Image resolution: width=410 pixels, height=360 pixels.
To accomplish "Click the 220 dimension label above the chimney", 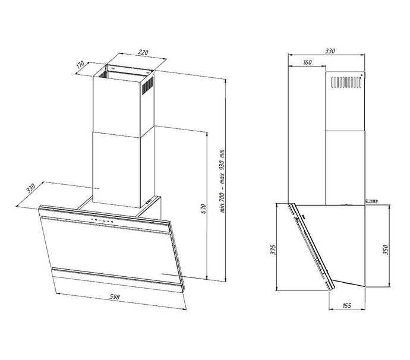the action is [x=143, y=52].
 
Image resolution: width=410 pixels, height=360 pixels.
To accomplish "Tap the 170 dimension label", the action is [x=81, y=65].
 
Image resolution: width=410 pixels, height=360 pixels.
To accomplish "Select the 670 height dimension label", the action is [x=204, y=209].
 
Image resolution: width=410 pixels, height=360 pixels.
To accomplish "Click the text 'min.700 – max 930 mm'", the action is [x=222, y=181].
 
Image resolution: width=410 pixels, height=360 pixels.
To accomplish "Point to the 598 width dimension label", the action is [x=115, y=296].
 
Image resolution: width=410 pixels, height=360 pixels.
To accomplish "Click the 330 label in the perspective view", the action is [x=30, y=188].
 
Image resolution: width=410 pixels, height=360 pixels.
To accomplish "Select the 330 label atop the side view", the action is [x=330, y=50].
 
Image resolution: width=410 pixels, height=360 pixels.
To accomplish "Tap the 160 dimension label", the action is [x=307, y=62].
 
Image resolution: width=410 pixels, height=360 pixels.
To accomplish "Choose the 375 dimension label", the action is [x=273, y=250].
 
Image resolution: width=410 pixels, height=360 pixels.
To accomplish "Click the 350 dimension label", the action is [x=386, y=250].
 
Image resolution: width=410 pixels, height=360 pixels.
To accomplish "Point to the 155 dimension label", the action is [x=346, y=305].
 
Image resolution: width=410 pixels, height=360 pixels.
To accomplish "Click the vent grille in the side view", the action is [x=346, y=82].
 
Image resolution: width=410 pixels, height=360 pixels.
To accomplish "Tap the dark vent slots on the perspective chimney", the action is [x=147, y=86].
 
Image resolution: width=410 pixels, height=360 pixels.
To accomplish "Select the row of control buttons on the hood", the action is [x=102, y=220].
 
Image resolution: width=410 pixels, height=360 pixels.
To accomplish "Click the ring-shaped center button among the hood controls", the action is [x=103, y=220].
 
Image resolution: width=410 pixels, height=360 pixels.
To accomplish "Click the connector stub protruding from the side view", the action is [x=371, y=201].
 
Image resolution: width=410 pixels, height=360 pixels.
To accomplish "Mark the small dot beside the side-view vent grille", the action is [x=362, y=75].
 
